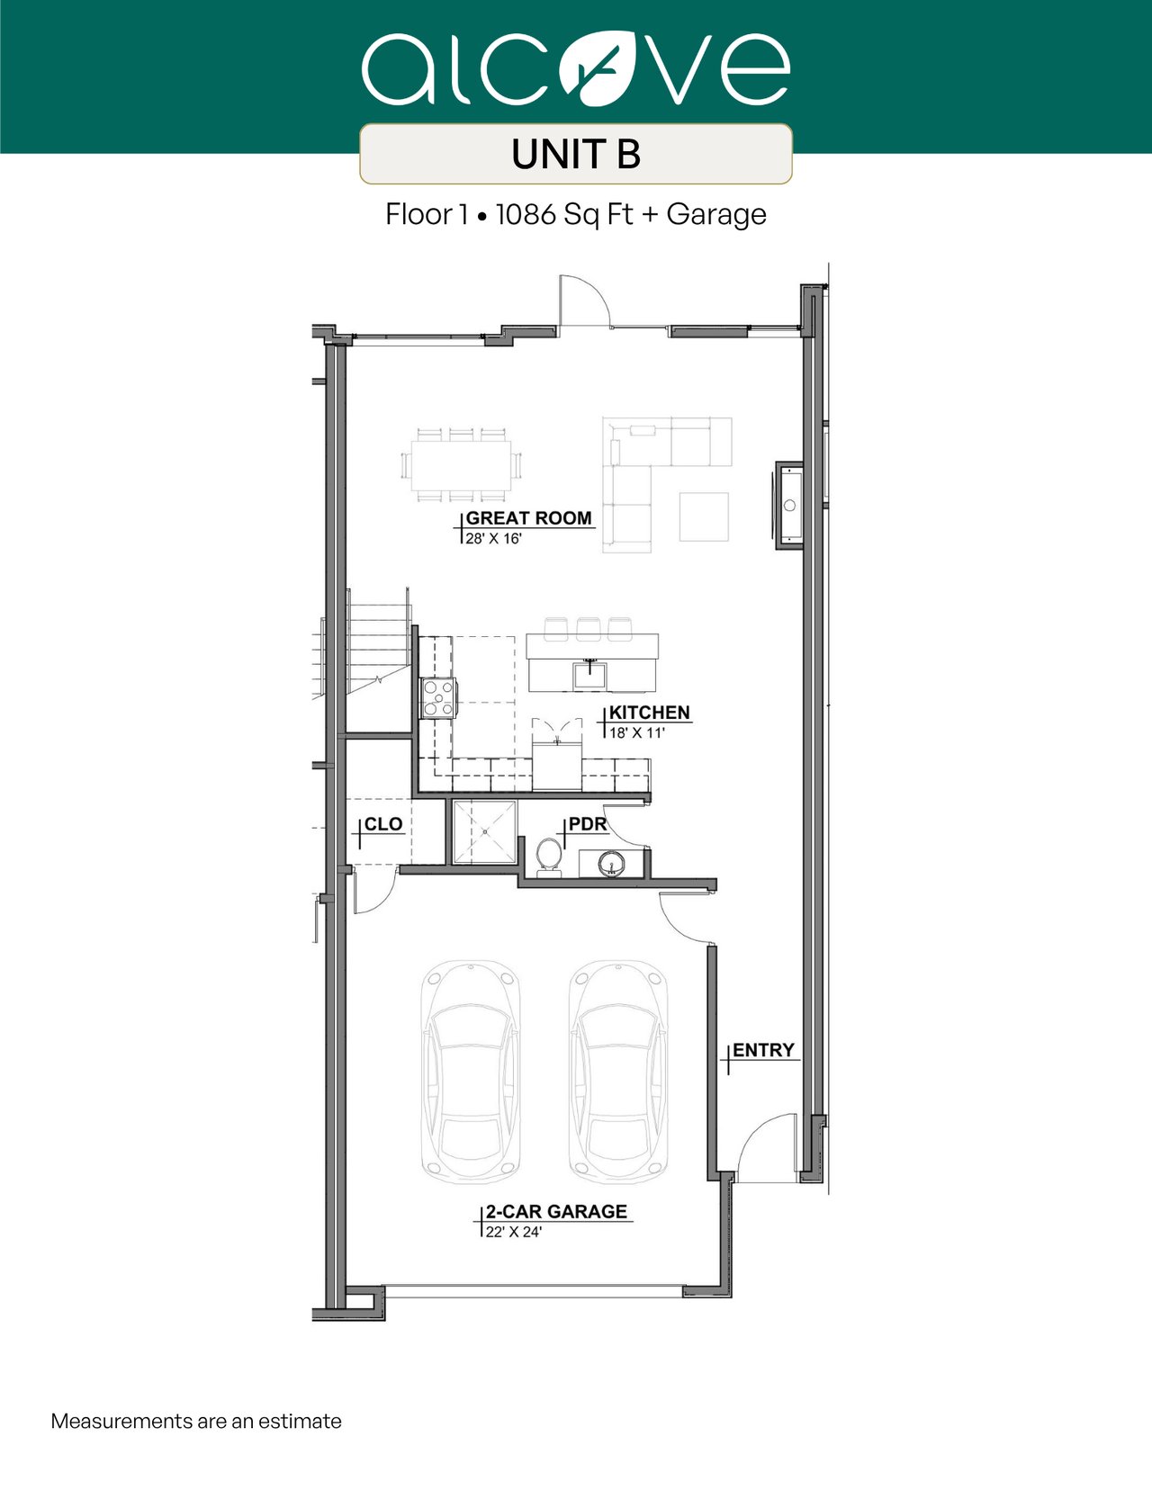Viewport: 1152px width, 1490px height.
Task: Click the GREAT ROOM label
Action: point(528,518)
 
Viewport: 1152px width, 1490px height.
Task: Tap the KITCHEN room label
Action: point(650,713)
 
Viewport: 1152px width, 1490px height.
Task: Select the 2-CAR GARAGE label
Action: point(556,1212)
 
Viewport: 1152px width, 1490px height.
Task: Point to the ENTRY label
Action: point(763,1050)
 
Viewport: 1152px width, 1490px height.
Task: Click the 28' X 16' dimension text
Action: point(494,538)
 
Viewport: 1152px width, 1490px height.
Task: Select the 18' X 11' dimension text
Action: point(637,732)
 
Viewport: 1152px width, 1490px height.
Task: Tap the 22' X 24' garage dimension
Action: point(514,1232)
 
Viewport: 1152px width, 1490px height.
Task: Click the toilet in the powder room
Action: point(548,857)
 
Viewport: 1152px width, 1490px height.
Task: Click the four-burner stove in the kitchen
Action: point(438,697)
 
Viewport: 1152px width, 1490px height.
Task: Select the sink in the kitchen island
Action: point(589,675)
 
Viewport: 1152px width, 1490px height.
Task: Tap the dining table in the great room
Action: point(461,465)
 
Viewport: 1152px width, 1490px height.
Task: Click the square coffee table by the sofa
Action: point(704,516)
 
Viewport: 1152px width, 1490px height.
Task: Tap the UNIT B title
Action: point(576,154)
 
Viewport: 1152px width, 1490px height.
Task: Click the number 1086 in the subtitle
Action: point(526,215)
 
